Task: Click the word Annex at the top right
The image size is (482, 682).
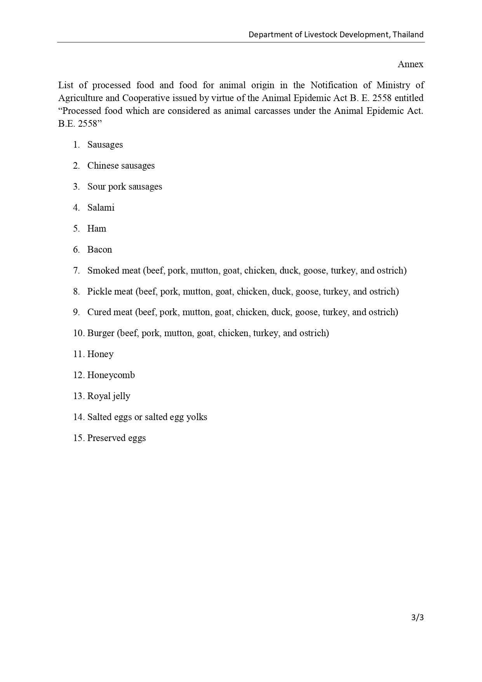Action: tap(410, 64)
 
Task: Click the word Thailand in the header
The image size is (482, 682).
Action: tap(408, 35)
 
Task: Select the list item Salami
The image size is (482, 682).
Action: tap(101, 208)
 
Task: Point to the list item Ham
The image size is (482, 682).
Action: tap(97, 228)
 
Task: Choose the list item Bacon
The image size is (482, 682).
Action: tap(99, 249)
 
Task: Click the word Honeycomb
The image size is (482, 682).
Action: tap(111, 375)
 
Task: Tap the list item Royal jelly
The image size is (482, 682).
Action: tap(109, 396)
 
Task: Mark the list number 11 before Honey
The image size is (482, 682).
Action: tap(78, 354)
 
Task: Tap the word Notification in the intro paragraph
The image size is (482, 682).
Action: tap(334, 85)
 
